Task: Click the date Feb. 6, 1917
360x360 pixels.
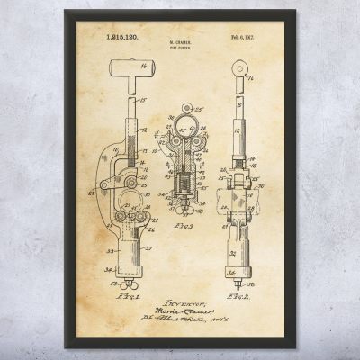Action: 244,38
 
